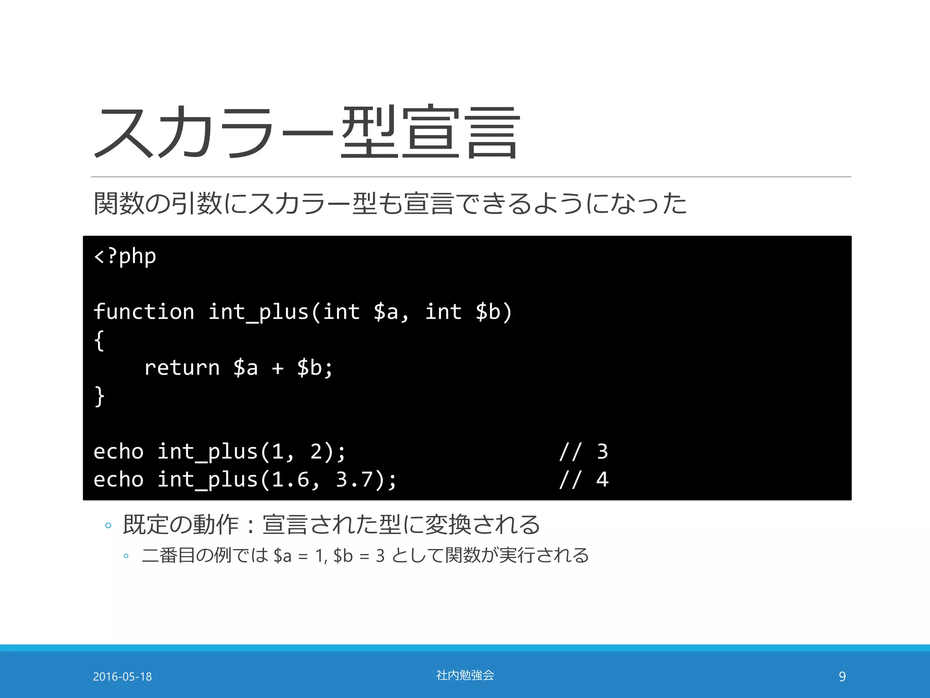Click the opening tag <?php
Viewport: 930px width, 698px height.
click(x=125, y=256)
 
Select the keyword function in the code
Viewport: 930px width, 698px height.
click(x=143, y=312)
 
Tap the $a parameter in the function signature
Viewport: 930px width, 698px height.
click(x=386, y=312)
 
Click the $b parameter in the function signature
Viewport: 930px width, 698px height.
click(x=488, y=312)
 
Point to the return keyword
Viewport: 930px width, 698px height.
click(x=182, y=368)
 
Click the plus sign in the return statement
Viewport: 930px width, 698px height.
click(x=277, y=368)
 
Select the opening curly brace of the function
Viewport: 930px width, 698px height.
click(x=99, y=340)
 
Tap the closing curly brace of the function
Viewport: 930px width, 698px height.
click(x=99, y=396)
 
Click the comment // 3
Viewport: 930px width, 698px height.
click(x=583, y=451)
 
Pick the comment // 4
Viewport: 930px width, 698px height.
click(x=583, y=479)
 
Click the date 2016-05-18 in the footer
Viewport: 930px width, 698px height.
click(x=122, y=677)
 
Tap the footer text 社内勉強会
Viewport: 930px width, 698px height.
click(x=465, y=675)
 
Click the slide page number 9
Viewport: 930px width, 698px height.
click(x=842, y=677)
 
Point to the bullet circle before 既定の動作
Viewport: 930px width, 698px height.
click(x=108, y=526)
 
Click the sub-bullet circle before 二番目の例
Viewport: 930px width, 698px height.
click(x=126, y=556)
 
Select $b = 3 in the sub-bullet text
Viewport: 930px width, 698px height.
click(x=359, y=556)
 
